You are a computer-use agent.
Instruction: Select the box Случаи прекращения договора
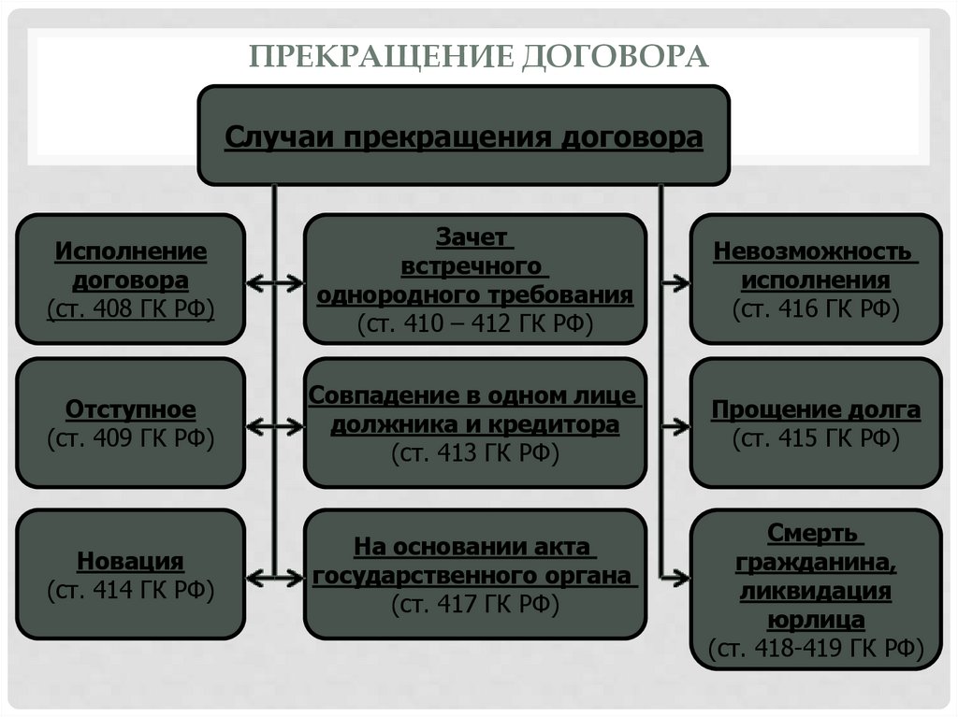[463, 136]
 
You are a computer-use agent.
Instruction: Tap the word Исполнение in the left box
[131, 252]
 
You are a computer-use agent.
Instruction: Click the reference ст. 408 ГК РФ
[131, 308]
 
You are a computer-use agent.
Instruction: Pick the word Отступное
[131, 409]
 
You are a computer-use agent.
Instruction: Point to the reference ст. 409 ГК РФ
[131, 437]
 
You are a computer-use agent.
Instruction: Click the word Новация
[131, 561]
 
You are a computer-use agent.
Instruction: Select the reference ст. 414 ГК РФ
[131, 589]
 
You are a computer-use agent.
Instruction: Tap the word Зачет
[474, 238]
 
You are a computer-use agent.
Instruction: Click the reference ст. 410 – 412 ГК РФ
[474, 323]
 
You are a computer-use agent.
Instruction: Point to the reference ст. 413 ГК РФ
[474, 453]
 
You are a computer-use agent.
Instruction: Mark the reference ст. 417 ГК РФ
[474, 605]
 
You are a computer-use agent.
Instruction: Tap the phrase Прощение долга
[816, 409]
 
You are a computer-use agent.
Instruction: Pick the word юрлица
[816, 619]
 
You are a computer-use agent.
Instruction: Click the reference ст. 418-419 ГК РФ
[816, 648]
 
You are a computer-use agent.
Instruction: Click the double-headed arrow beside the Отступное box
[274, 426]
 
